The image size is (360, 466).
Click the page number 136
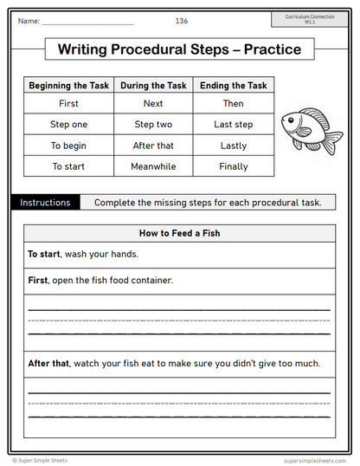[x=181, y=20]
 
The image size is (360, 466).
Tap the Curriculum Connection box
[x=310, y=18]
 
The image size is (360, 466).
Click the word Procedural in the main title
[x=157, y=49]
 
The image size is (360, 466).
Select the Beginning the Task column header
[x=68, y=86]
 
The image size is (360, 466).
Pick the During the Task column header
[x=153, y=86]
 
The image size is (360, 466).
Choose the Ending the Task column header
[x=234, y=86]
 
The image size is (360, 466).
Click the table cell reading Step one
[x=68, y=125]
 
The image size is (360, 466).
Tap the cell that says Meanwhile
[x=153, y=165]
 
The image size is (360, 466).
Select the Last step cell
[x=234, y=125]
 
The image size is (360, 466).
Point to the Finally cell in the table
[x=234, y=165]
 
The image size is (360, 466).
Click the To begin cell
[x=68, y=146]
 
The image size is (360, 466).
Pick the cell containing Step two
[x=153, y=125]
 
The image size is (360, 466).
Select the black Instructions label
[x=45, y=203]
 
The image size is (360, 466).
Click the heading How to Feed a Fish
[x=180, y=233]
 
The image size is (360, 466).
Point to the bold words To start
[x=45, y=255]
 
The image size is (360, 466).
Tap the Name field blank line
[x=87, y=22]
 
